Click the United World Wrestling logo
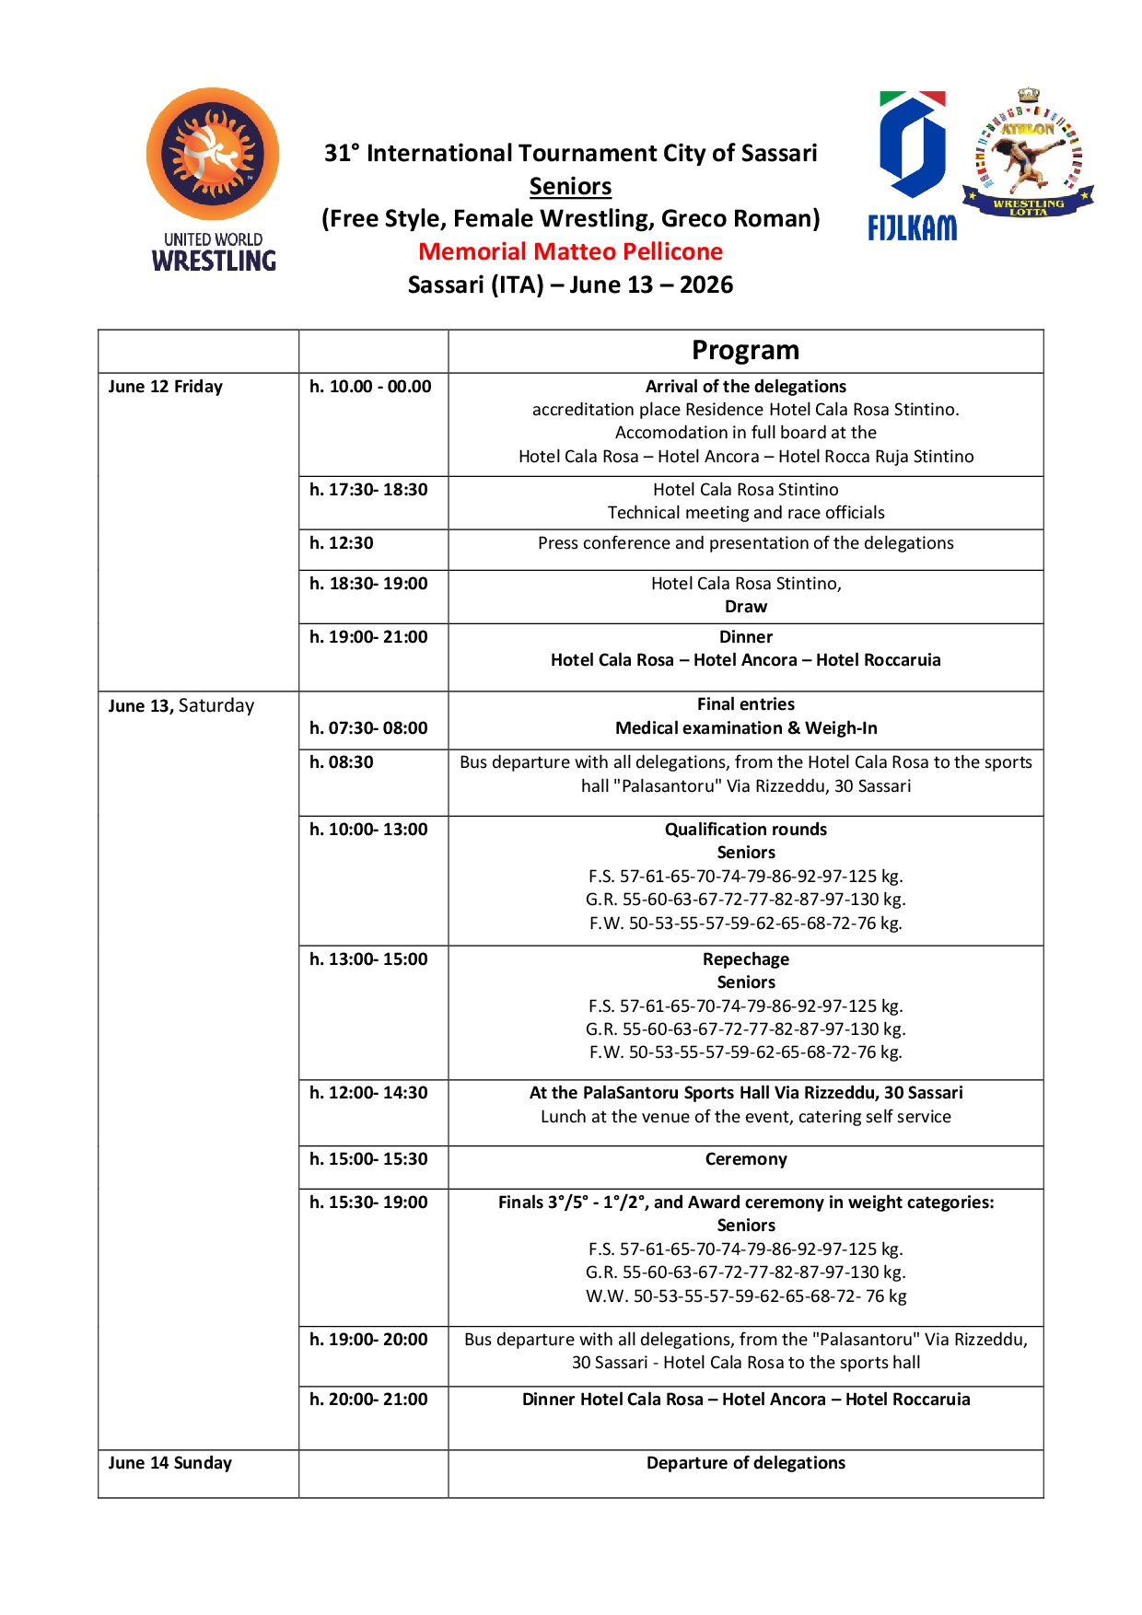tap(213, 180)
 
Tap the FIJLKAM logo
tap(912, 166)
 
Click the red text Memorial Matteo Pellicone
tap(570, 251)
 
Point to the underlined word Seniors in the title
tap(570, 186)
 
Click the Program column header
tap(745, 351)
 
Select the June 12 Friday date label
tap(166, 387)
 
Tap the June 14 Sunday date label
tap(170, 1463)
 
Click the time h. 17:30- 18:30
tap(368, 490)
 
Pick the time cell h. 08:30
tap(342, 762)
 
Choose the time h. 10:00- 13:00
tap(368, 830)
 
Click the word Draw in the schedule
tap(745, 607)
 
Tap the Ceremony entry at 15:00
tap(745, 1159)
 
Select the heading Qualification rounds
tap(745, 830)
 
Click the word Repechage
tap(745, 959)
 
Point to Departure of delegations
tap(745, 1463)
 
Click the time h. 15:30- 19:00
tap(368, 1203)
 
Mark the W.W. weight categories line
tap(745, 1296)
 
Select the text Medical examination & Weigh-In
tap(745, 728)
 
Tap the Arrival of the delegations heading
tap(745, 387)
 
